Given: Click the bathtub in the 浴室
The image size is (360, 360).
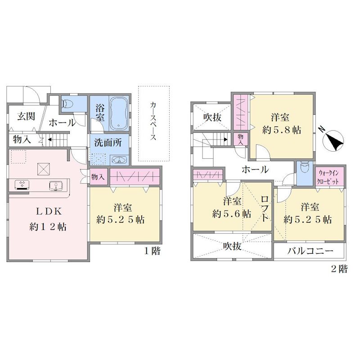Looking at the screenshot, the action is pos(119,113).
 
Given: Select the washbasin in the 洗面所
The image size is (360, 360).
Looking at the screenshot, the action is pos(119,160).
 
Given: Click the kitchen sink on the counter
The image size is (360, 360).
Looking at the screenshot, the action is pos(56,185).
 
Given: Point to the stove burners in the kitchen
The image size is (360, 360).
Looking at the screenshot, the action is pos(22,185).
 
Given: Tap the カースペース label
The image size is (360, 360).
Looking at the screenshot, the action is pos(153,121).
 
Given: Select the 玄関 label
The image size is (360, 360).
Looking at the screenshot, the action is pos(26,117).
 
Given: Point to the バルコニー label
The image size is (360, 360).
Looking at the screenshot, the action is pos(310,251).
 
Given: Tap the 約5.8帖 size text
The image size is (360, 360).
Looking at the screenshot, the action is pos(282,130).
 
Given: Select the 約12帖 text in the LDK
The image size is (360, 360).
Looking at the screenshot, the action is pos(48,227).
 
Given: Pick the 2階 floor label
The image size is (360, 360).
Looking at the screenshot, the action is pos(339,269).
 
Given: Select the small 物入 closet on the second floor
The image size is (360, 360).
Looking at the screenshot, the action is pos(241,139).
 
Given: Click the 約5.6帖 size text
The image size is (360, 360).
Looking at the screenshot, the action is pos(231,214).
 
